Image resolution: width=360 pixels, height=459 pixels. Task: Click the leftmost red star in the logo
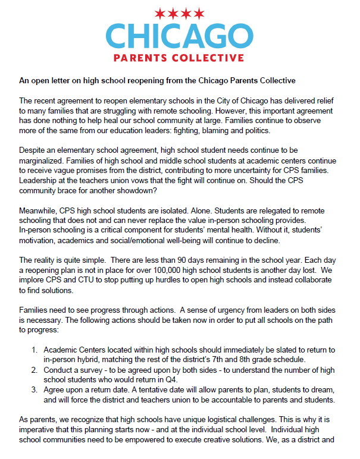click(159, 12)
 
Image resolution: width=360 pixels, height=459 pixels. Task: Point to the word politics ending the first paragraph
click(255, 130)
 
